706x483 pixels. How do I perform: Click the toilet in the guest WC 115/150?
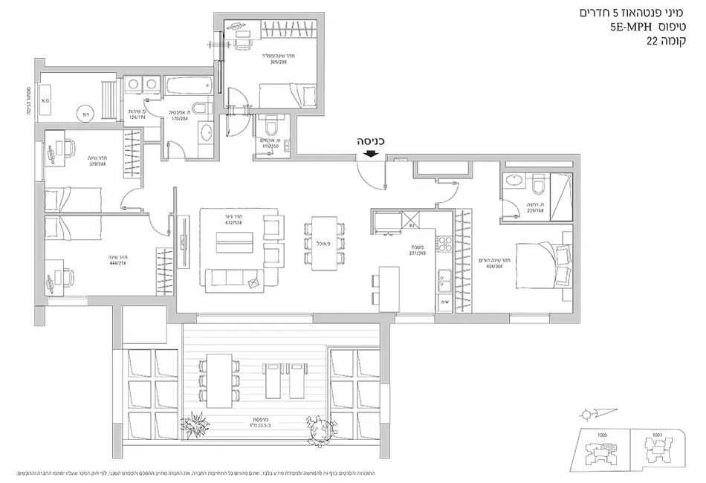click(269, 123)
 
